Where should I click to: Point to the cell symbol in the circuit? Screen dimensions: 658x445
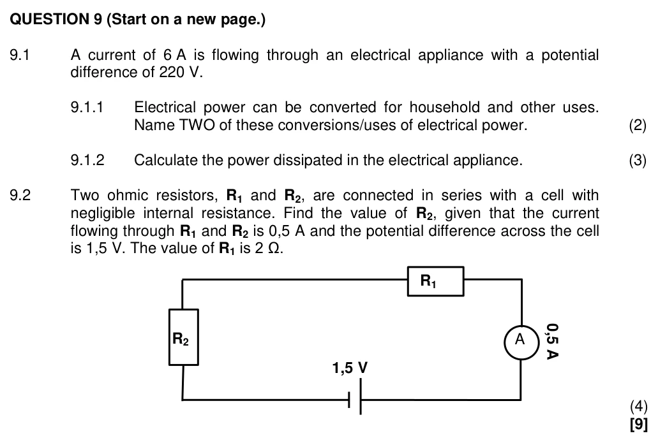(355, 396)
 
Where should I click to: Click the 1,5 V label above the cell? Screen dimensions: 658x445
(350, 368)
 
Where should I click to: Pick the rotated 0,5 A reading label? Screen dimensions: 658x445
(552, 341)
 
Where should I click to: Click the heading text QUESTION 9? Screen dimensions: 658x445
(56, 19)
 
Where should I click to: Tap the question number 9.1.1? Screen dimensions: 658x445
(87, 108)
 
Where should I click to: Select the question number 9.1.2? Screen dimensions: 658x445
(87, 160)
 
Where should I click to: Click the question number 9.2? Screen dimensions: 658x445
(20, 195)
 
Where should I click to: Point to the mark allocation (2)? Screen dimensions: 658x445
(638, 126)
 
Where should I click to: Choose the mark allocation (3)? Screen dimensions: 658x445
(638, 161)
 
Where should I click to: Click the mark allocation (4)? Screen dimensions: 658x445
(638, 406)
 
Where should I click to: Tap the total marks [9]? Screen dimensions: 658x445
(639, 424)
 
